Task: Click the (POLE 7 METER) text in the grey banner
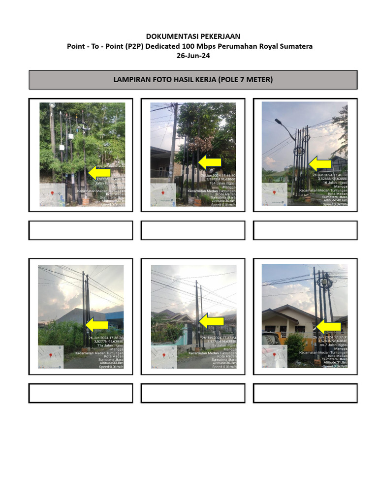[246, 79]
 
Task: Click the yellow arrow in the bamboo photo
[98, 172]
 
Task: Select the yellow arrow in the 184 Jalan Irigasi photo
[211, 162]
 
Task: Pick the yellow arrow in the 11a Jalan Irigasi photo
[97, 324]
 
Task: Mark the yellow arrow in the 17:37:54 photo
[211, 320]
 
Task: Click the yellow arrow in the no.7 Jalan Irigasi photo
[328, 326]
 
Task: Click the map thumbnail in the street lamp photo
[274, 194]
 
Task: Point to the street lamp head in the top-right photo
[279, 121]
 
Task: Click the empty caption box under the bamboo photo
[81, 230]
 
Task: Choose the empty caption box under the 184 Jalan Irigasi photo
[193, 230]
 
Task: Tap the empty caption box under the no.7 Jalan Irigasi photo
[305, 393]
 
